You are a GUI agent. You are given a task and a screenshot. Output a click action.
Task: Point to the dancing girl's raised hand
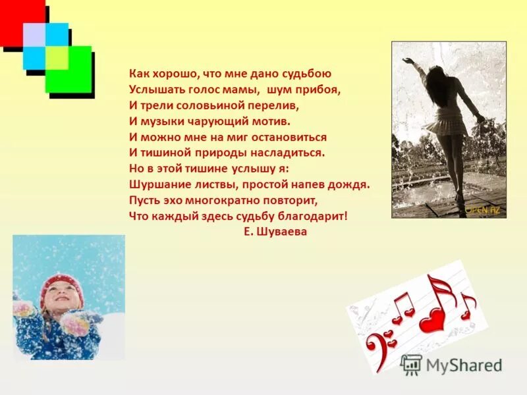tap(409, 61)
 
